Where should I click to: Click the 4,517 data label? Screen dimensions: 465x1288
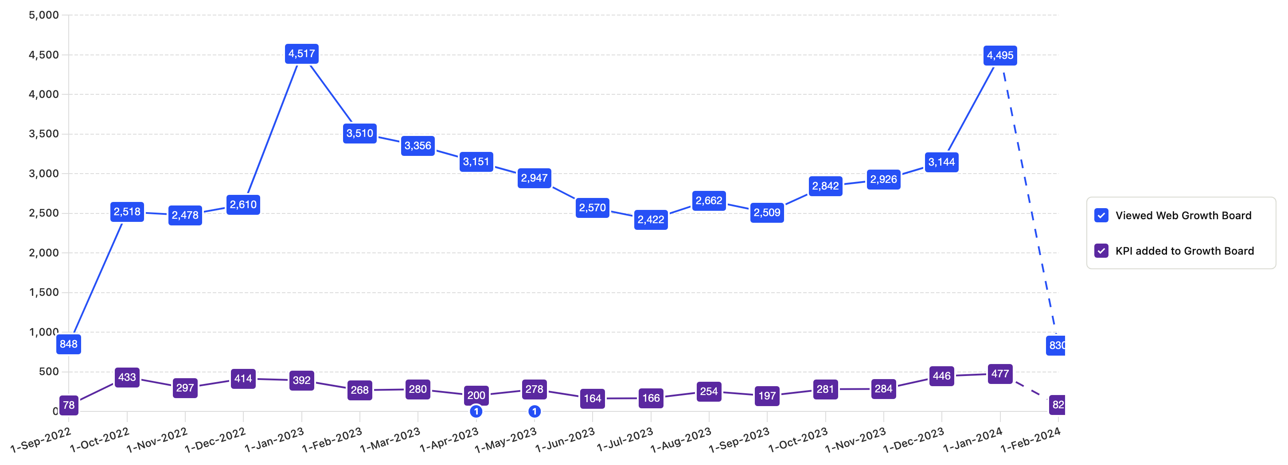pos(301,54)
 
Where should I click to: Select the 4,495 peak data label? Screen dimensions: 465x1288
pos(999,55)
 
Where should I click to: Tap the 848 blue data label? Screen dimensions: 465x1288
pos(69,344)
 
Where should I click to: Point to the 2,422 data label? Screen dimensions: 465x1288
pos(651,220)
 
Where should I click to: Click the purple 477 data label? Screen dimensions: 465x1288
pos(999,374)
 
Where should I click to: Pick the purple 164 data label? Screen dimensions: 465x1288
pos(592,399)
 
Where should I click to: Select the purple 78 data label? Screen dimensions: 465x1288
pos(69,405)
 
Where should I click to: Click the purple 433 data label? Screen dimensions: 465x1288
pos(127,378)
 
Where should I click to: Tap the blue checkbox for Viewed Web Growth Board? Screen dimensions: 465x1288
pos(1101,215)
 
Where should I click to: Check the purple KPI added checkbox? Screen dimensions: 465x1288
pos(1101,251)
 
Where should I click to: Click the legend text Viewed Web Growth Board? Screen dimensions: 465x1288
pos(1183,215)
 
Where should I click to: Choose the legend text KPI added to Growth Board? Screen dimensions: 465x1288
pos(1184,251)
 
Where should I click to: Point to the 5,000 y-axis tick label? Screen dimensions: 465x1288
pos(44,15)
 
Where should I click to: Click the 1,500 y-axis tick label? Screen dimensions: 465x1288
pos(44,292)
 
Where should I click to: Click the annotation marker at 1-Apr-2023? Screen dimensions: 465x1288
pos(476,411)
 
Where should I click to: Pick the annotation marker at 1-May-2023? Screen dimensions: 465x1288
pos(534,411)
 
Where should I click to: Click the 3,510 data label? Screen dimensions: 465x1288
pos(359,133)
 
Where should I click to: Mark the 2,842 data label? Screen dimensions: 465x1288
pos(825,186)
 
